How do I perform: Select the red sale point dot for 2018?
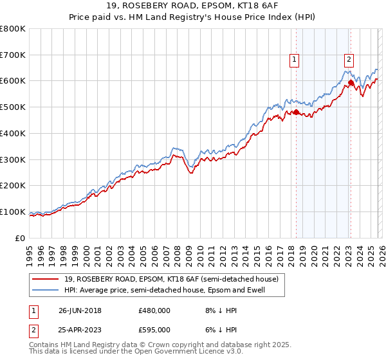click(x=296, y=112)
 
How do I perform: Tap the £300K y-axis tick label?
click(x=13, y=159)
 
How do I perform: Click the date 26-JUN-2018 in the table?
click(x=80, y=310)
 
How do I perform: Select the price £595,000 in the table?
click(x=154, y=329)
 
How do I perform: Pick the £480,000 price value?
click(x=154, y=310)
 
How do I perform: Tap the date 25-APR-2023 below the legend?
click(x=80, y=329)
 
